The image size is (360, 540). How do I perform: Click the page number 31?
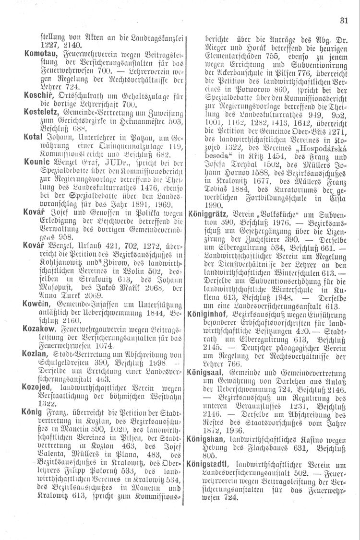(x=343, y=20)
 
